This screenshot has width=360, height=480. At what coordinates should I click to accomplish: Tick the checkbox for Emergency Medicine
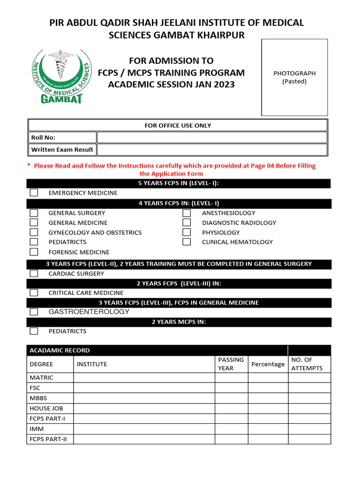[x=34, y=193]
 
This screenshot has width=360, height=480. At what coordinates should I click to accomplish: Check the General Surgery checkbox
[x=34, y=213]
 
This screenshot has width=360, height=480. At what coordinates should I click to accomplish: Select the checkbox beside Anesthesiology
[x=187, y=213]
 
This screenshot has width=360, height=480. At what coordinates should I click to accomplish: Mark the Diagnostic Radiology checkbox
[x=187, y=223]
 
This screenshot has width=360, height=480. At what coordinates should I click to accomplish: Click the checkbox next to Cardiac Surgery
[x=34, y=273]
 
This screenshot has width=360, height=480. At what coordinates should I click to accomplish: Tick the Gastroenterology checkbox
[x=34, y=312]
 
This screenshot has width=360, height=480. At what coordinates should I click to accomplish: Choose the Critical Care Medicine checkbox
[x=34, y=292]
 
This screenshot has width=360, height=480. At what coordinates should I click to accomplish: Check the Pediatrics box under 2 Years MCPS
[x=34, y=331]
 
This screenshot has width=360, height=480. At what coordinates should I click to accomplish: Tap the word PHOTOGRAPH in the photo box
[x=294, y=73]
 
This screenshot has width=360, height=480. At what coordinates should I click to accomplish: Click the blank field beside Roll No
[x=211, y=137]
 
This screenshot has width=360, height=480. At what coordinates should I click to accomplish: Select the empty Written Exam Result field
[x=211, y=150]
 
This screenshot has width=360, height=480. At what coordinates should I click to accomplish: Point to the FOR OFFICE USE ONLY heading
[x=178, y=125]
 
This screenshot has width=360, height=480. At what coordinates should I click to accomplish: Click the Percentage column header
[x=268, y=364]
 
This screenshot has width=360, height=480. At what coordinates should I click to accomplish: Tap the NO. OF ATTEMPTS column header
[x=307, y=364]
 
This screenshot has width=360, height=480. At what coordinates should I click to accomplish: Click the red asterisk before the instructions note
[x=29, y=165]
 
